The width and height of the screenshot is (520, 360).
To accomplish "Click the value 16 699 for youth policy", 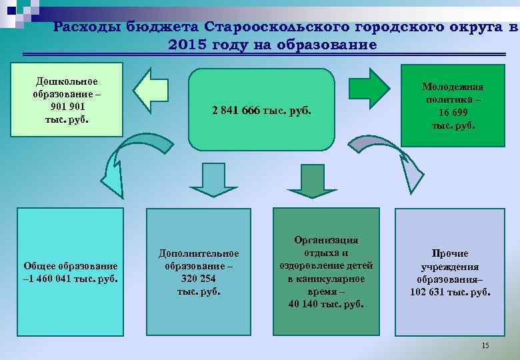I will (453, 112).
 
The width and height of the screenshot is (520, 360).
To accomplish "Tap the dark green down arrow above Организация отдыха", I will (307, 180).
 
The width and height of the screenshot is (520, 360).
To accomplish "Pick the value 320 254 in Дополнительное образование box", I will (198, 279).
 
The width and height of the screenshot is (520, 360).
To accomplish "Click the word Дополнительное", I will (199, 253).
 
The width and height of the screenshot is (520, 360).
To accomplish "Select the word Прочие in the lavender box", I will (450, 253).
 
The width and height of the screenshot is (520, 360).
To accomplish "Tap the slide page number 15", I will (485, 345).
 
